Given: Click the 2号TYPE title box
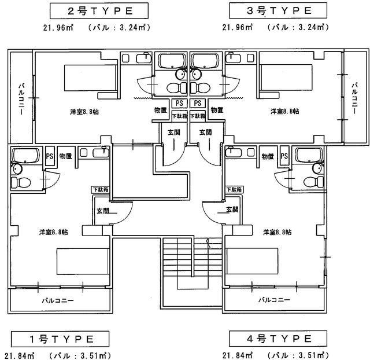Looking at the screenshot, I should pos(92,10).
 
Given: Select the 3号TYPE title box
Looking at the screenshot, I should pos(272,10).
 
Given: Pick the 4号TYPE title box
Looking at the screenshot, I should pos(272,339).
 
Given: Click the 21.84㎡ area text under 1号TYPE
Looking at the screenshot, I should pos(17,354).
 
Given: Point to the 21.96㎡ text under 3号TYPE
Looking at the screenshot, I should pos(238,27).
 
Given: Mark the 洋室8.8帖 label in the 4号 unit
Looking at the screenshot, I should pos(277,232).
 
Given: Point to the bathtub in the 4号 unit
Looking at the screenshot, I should pos(310,155).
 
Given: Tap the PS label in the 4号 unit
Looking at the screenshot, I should pos(284,156).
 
